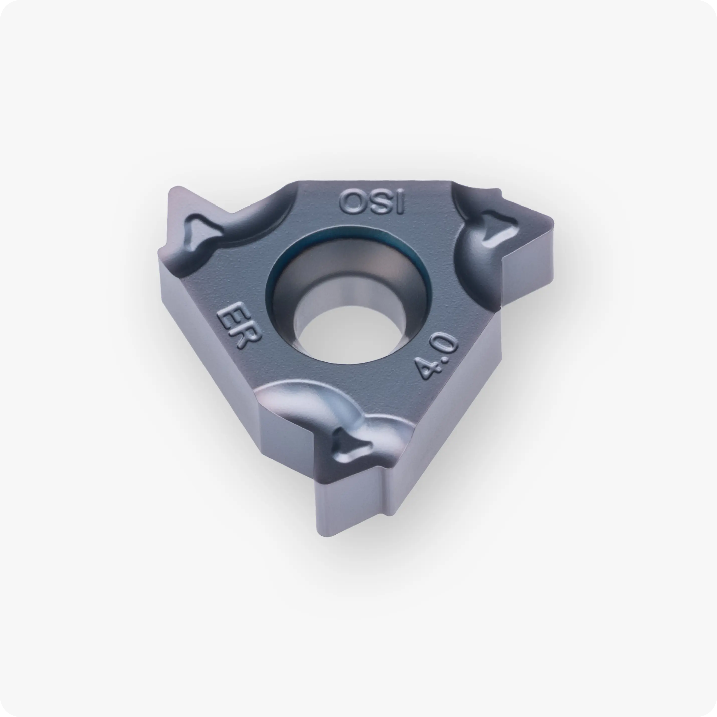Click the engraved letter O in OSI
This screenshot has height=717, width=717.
click(x=352, y=202)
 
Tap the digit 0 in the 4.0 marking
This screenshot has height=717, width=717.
click(x=445, y=343)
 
